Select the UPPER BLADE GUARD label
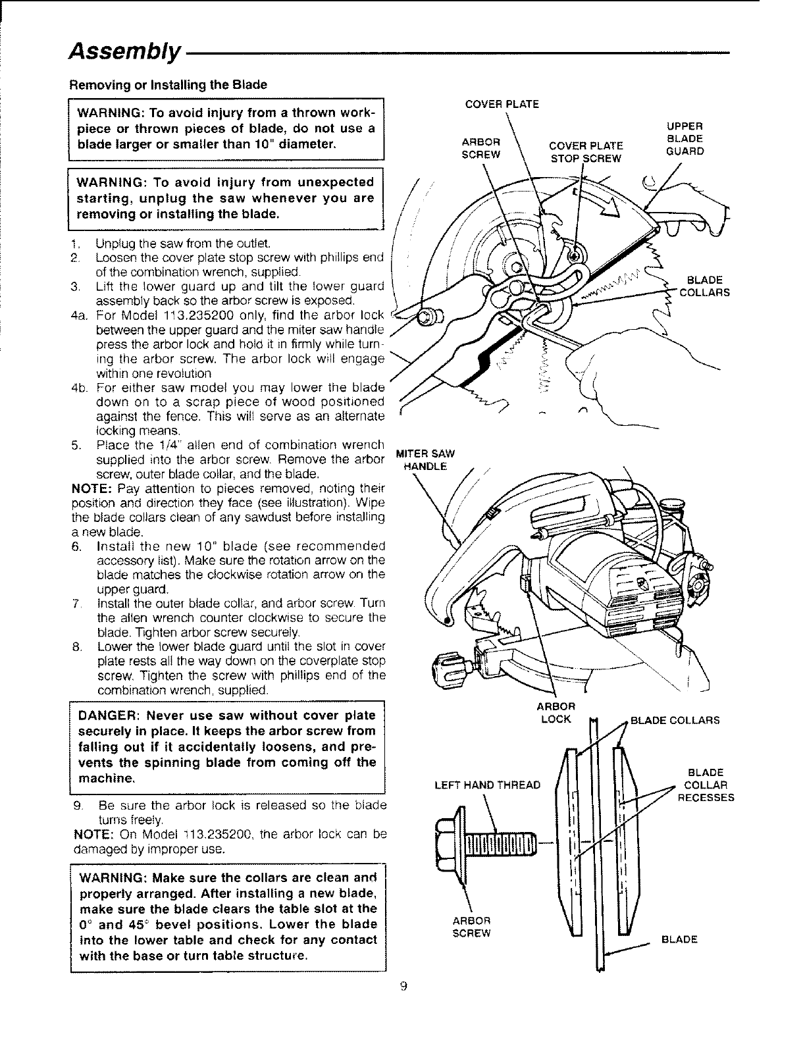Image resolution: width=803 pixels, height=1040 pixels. coord(685,138)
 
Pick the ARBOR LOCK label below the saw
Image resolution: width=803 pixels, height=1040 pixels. coord(554,713)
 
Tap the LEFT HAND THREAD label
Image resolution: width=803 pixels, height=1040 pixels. coord(488,785)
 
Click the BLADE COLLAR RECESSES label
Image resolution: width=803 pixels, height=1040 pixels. coord(706,785)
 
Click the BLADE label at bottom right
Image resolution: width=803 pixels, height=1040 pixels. coord(679,940)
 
